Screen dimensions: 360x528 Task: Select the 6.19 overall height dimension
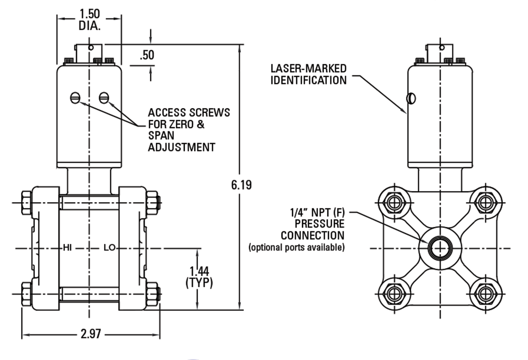pyautogui.click(x=241, y=185)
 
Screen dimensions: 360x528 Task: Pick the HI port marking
pyautogui.click(x=68, y=248)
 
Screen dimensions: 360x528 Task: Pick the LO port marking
pyautogui.click(x=109, y=248)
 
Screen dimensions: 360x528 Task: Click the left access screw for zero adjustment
pyautogui.click(x=76, y=97)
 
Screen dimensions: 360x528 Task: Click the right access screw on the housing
pyautogui.click(x=104, y=97)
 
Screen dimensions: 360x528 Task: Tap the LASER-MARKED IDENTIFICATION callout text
pyautogui.click(x=308, y=74)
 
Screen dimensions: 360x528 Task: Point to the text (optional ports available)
pyautogui.click(x=296, y=248)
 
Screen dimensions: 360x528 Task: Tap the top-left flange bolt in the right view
pyautogui.click(x=394, y=202)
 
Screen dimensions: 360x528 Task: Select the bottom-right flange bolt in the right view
pyautogui.click(x=483, y=293)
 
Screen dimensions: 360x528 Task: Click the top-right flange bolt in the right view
pyautogui.click(x=483, y=202)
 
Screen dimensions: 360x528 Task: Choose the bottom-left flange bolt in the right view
pyautogui.click(x=394, y=293)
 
